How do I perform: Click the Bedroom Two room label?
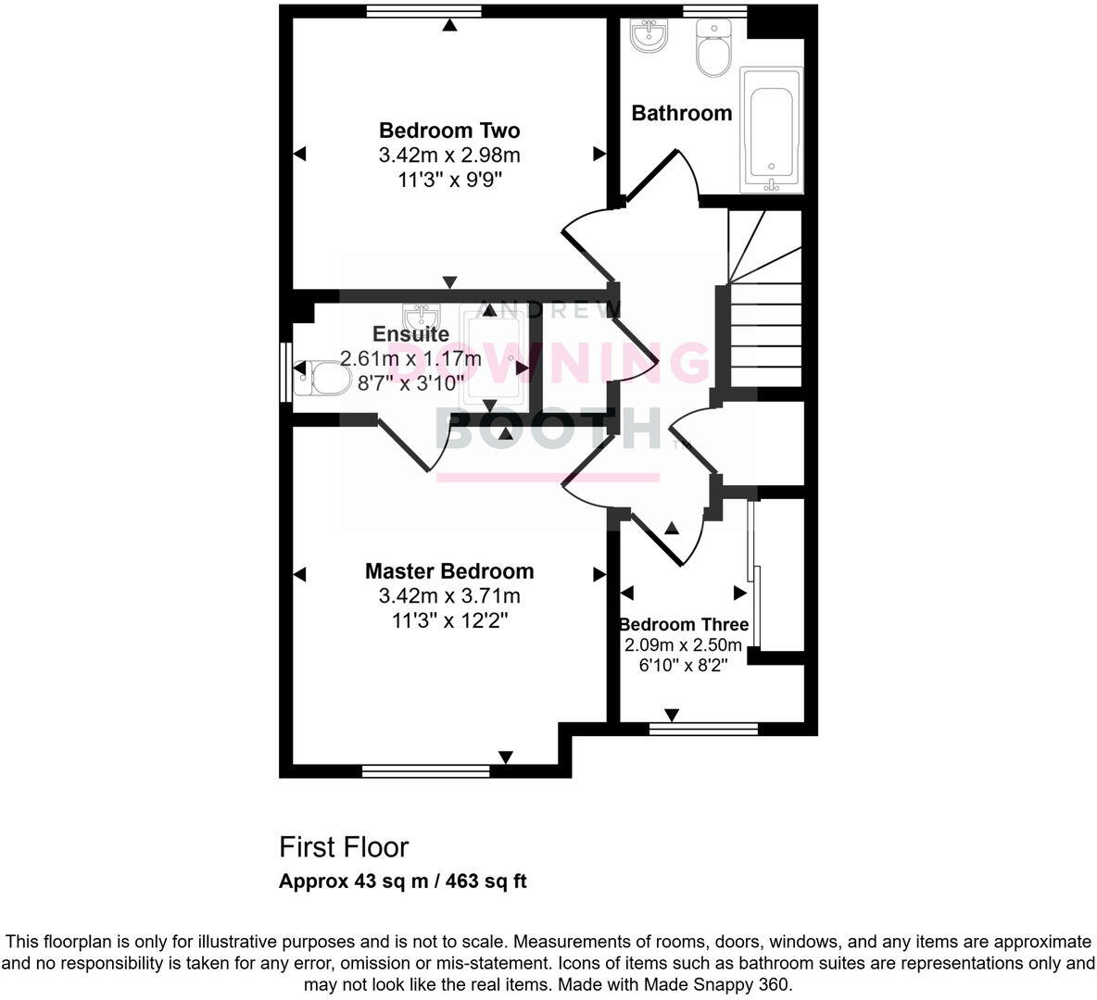point(449,131)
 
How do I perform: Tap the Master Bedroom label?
point(449,571)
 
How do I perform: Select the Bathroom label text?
point(682,113)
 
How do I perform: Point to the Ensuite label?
point(410,334)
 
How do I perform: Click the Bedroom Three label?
point(684,624)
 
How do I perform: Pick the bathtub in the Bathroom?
point(771,130)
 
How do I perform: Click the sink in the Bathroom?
point(648,37)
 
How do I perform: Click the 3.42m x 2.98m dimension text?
point(449,155)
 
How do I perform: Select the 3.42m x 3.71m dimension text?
point(449,595)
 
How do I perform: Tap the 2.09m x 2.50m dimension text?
point(684,645)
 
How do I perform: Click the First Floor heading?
point(344,846)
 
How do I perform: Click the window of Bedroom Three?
point(704,729)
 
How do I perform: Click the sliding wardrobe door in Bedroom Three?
point(754,574)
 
